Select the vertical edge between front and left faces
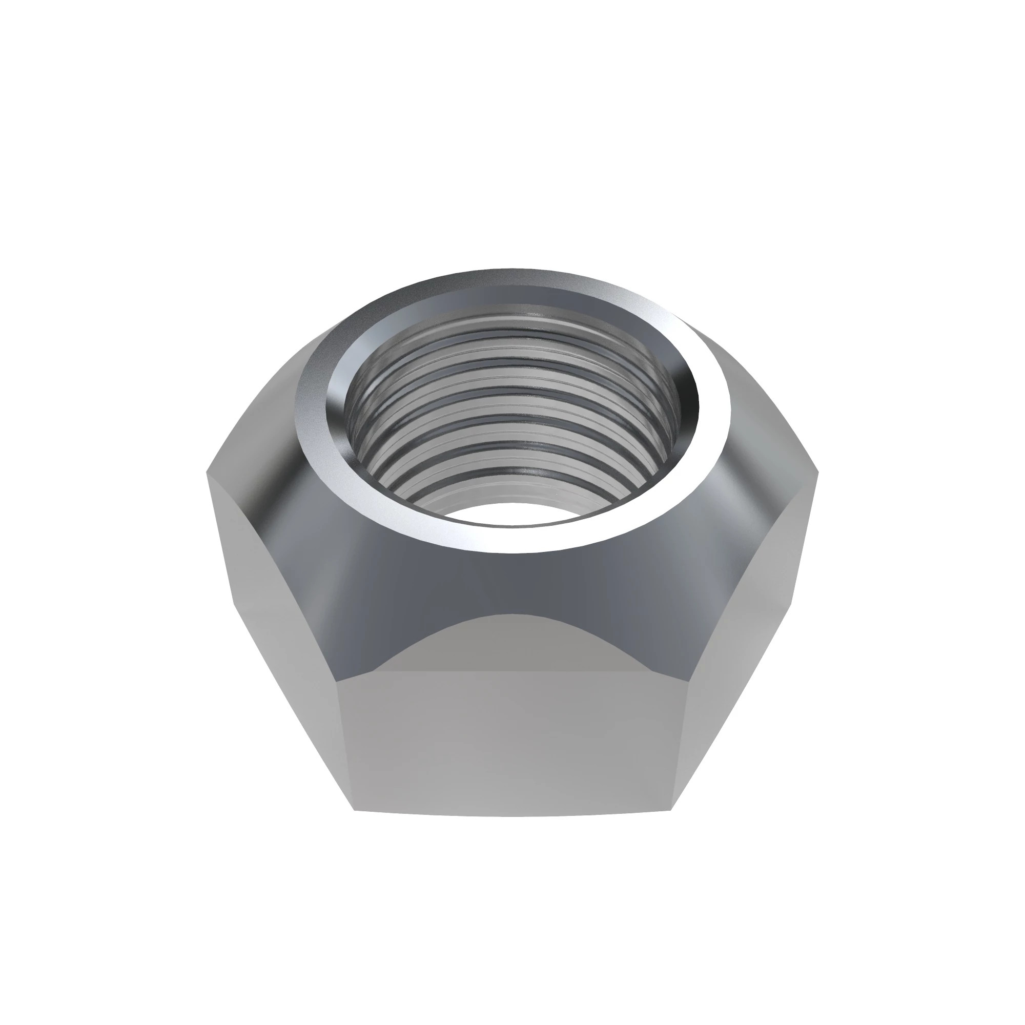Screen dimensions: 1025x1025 pyautogui.click(x=345, y=753)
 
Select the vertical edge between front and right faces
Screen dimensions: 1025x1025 pyautogui.click(x=682, y=753)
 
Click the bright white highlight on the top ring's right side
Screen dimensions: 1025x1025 pyautogui.click(x=711, y=424)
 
